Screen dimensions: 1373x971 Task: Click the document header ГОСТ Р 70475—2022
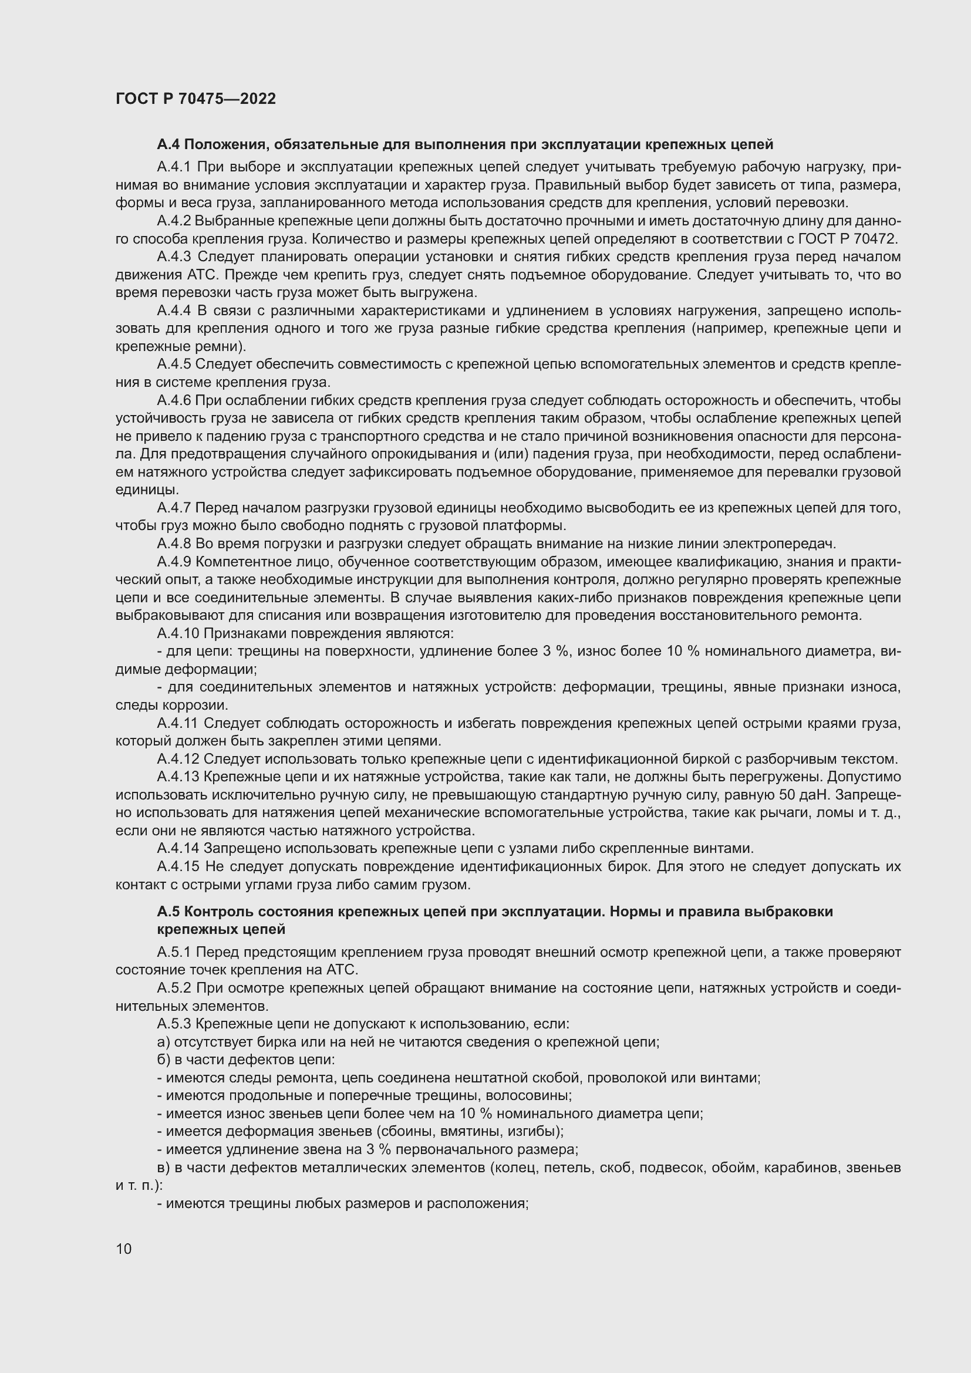tap(195, 99)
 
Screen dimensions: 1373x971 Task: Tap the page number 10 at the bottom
tap(124, 1249)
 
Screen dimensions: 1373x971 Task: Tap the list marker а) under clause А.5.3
tap(163, 1042)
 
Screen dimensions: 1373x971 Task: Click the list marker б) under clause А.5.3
tap(163, 1060)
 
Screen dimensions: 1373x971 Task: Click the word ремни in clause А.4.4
tap(214, 347)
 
